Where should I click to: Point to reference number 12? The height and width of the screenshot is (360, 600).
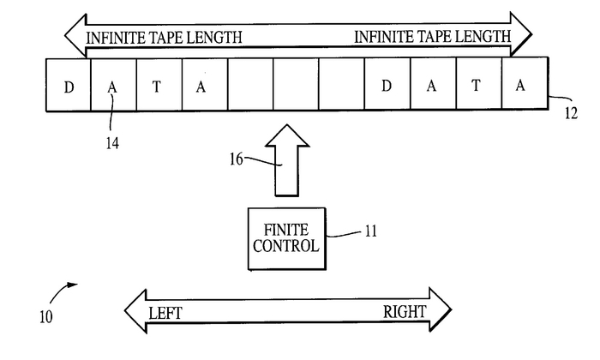coord(570,112)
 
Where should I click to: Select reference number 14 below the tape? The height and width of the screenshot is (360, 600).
coord(112,143)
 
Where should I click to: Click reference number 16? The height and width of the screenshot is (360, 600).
coord(237,158)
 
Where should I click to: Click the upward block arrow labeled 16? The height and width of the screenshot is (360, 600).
coord(286,160)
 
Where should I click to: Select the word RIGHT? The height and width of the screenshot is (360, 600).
coord(405,311)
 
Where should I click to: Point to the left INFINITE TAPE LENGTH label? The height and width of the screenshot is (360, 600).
coord(163,38)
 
